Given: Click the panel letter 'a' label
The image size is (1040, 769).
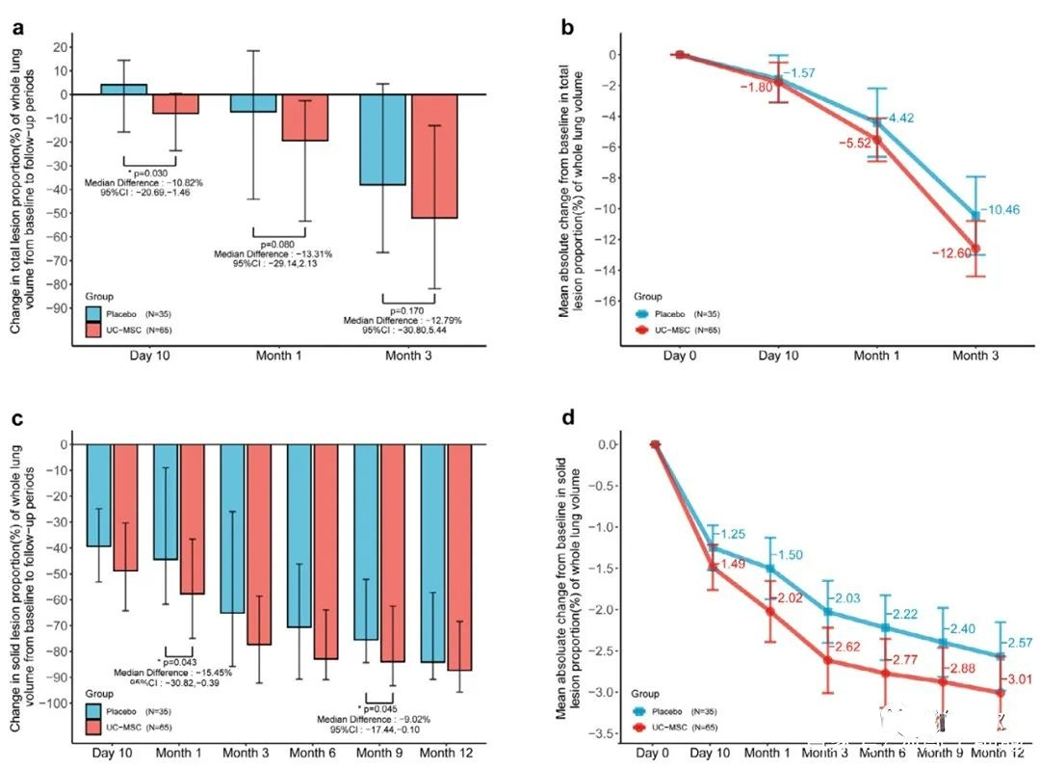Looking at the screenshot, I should tap(18, 28).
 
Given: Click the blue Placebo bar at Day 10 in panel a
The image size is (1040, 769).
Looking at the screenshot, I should tap(124, 89).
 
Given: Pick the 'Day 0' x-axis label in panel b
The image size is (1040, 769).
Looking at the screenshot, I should tap(679, 356).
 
